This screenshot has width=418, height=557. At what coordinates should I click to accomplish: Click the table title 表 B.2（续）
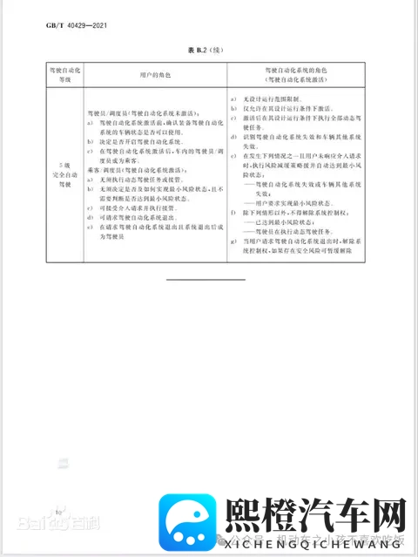(x=210, y=52)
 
